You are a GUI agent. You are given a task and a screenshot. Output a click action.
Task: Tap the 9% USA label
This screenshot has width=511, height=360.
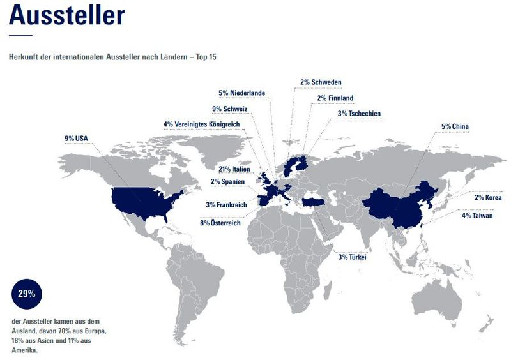click(x=77, y=138)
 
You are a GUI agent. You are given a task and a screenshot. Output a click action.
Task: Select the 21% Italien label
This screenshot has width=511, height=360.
click(x=233, y=170)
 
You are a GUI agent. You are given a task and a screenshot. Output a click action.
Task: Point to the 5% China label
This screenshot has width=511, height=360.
click(x=455, y=126)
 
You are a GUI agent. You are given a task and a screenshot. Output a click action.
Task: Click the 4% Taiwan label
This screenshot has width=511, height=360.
click(x=477, y=216)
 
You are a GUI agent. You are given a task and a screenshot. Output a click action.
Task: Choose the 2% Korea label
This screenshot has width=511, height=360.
click(x=487, y=197)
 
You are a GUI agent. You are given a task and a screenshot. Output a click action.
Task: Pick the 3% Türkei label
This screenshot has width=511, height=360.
click(x=351, y=257)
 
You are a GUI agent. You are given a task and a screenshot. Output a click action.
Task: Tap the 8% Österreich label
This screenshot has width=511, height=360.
click(x=220, y=223)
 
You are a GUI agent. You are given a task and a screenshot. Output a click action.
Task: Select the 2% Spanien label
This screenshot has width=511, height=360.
click(x=228, y=182)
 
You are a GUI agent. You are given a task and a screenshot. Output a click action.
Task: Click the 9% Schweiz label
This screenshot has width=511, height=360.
click(x=229, y=109)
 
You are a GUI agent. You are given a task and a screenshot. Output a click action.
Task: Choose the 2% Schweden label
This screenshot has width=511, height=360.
click(x=321, y=82)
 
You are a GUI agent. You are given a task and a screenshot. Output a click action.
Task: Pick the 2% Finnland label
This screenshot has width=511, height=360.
click(x=335, y=98)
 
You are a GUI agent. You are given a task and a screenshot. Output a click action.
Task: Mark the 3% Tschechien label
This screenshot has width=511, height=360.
click(x=359, y=114)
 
